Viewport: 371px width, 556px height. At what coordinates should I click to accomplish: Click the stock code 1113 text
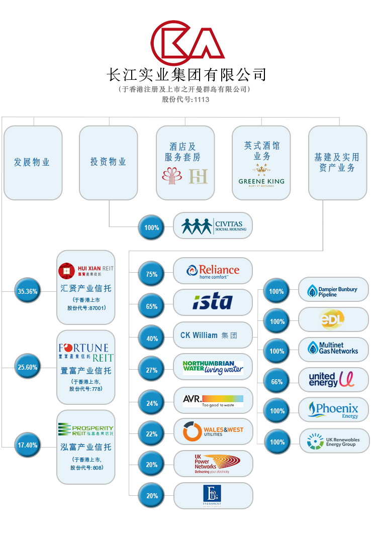[185, 99]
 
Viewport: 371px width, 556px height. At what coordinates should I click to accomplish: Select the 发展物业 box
[33, 162]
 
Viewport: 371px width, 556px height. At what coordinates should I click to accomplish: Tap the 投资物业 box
[108, 162]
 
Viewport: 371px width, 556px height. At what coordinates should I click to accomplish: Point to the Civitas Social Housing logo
[213, 226]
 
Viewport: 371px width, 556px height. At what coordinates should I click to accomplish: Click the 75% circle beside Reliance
[151, 274]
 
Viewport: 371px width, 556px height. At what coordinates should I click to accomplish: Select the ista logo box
[213, 302]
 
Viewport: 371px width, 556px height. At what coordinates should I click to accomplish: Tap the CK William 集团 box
[213, 335]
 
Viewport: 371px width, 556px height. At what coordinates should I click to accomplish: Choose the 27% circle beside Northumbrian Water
[151, 370]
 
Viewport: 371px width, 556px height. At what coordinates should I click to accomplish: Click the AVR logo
[213, 400]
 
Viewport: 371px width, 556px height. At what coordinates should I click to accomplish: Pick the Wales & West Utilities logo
[213, 431]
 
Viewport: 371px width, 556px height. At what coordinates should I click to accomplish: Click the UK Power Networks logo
[213, 463]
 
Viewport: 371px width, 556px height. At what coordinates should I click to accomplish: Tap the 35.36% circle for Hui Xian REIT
[27, 291]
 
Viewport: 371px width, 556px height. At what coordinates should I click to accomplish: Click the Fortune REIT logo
[86, 352]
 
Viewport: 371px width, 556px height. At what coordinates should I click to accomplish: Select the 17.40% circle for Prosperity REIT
[27, 445]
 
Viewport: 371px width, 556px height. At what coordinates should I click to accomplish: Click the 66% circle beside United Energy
[277, 382]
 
